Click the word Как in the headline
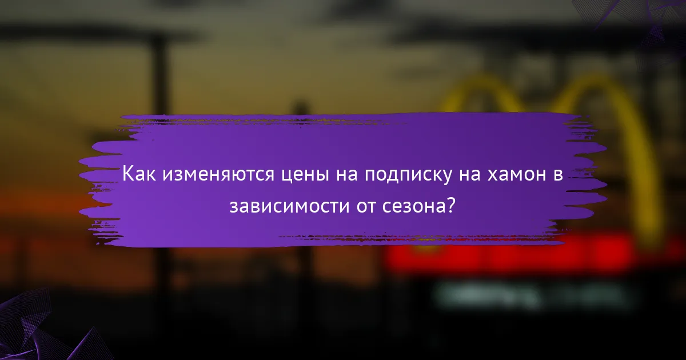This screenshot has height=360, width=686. pyautogui.click(x=139, y=174)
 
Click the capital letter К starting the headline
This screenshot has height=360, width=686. pyautogui.click(x=129, y=174)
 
